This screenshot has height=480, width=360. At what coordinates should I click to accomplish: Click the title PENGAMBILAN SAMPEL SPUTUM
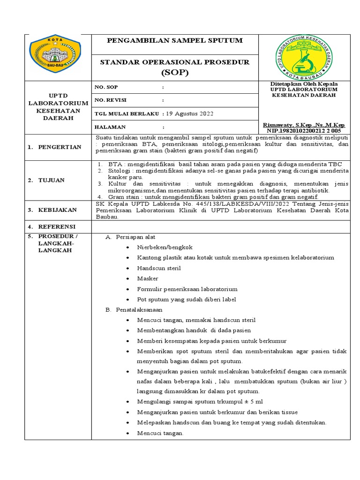tap(175, 41)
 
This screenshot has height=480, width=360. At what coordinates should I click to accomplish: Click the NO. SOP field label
tap(106, 87)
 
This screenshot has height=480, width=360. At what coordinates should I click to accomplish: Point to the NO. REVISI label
tap(111, 100)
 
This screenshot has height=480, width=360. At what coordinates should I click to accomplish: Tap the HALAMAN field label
tap(110, 127)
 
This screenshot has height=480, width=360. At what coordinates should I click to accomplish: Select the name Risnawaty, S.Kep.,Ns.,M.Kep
tap(304, 125)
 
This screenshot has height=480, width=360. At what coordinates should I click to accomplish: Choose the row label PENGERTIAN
tap(60, 147)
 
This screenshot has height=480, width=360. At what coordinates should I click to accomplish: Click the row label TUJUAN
tap(52, 180)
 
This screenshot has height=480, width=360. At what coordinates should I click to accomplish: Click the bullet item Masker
tap(148, 278)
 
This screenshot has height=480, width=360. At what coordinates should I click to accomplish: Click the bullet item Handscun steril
tap(159, 268)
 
